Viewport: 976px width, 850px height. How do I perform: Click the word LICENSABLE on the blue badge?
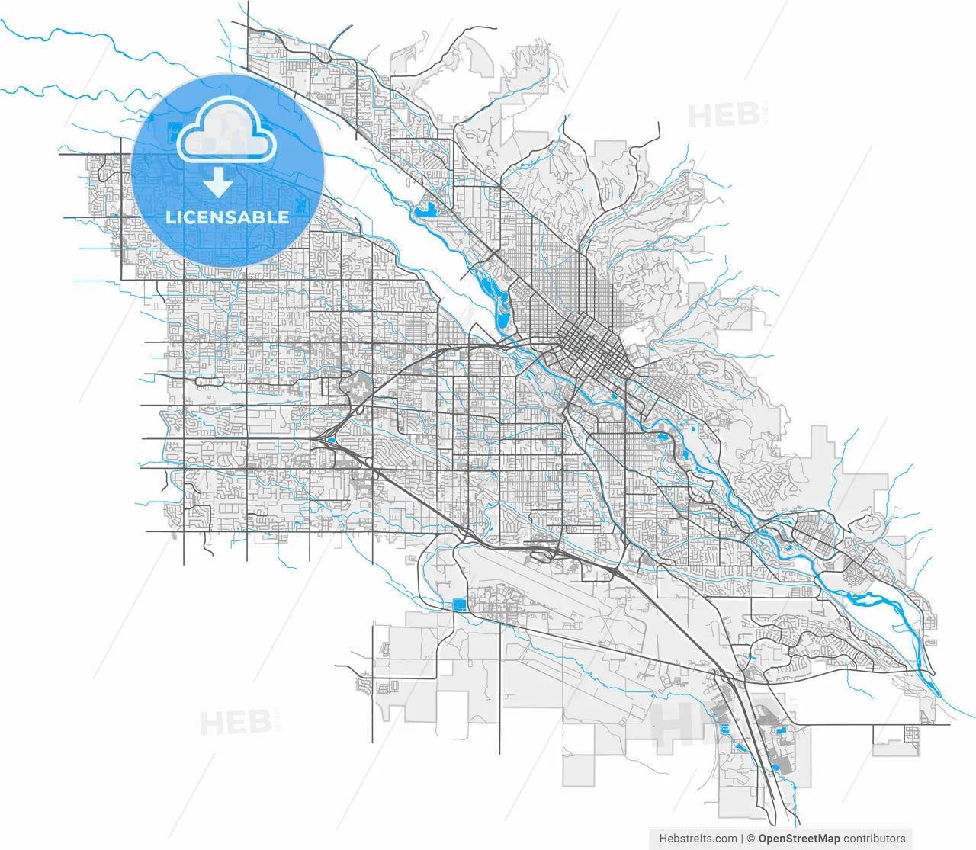(227, 217)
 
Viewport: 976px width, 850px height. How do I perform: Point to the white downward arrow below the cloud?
(218, 183)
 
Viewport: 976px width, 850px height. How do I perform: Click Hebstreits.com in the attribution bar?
(698, 839)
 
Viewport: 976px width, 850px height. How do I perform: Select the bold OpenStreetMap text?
(798, 839)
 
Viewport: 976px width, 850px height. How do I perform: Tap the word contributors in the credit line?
(875, 839)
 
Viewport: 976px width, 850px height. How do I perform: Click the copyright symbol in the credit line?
(750, 839)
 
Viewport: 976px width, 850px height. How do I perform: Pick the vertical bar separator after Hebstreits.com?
(743, 839)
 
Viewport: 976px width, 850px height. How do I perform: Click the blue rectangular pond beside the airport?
(459, 605)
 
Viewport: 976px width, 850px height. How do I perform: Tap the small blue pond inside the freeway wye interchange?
(330, 440)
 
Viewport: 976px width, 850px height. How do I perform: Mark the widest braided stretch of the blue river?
(877, 598)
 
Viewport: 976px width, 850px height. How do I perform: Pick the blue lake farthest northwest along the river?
(425, 208)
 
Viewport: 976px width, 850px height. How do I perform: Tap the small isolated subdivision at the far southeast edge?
(912, 736)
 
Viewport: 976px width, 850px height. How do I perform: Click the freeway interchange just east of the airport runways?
(614, 570)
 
